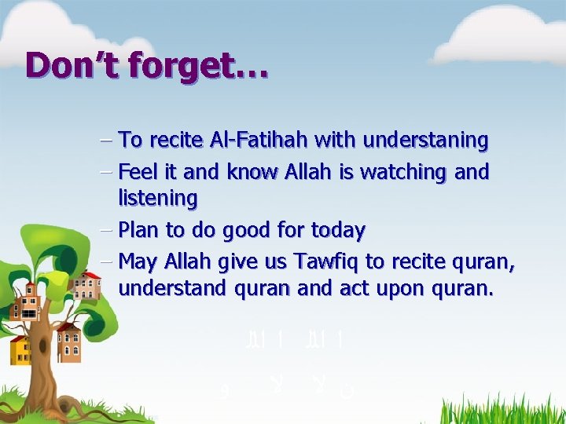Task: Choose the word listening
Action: coord(157,199)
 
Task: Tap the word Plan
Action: coord(140,230)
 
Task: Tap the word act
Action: coord(355,289)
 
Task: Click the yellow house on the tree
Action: coord(20,349)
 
